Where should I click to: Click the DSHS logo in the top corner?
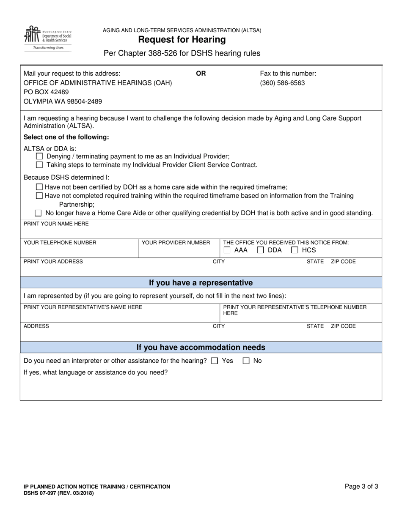click(x=48, y=38)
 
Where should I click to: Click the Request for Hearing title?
click(x=182, y=40)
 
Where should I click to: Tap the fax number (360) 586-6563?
click(x=282, y=83)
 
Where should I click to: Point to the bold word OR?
click(x=201, y=74)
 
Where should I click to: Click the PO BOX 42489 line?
click(x=46, y=92)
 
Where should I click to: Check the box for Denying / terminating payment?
click(x=39, y=156)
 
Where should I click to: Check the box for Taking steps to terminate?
click(x=39, y=165)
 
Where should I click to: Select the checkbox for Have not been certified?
click(x=39, y=187)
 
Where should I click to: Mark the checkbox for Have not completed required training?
click(x=39, y=195)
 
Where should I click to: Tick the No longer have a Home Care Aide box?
click(x=39, y=213)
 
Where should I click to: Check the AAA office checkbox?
click(x=227, y=250)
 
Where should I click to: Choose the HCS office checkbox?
click(x=295, y=250)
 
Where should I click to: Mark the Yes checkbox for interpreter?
click(x=215, y=361)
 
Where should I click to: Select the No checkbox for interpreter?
click(x=246, y=361)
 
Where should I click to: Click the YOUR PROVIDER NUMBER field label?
click(x=176, y=243)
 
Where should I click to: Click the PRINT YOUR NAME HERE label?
click(x=56, y=224)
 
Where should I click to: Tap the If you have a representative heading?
click(x=201, y=283)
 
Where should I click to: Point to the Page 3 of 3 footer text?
click(x=361, y=487)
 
